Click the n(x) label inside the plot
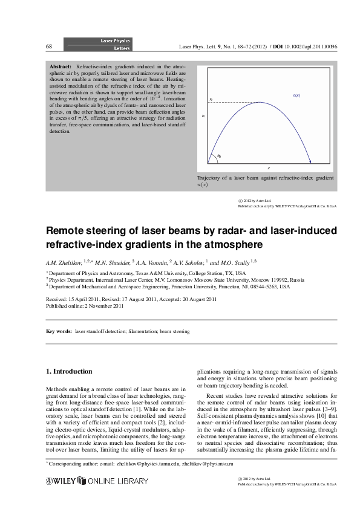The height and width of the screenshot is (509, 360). pos(296,96)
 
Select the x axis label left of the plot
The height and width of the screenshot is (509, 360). pos(203,115)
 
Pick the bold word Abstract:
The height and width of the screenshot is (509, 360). pos(61,65)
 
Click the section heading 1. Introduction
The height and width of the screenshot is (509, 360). pos(70,371)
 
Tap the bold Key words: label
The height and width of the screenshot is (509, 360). pos(59,332)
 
